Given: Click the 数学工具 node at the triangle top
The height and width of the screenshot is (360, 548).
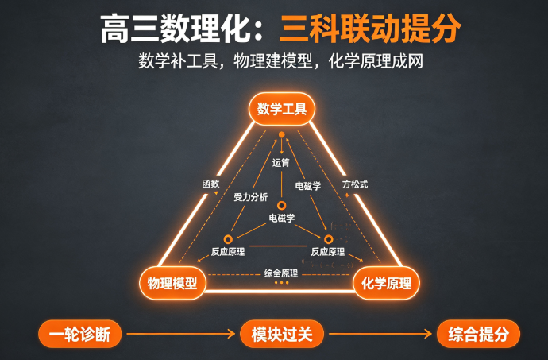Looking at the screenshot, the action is (282, 109).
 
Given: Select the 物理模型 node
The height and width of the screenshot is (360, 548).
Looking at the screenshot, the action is (172, 283).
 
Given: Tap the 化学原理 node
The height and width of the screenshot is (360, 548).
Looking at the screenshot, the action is (386, 283).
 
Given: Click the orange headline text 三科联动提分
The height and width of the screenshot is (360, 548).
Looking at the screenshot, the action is (370, 29).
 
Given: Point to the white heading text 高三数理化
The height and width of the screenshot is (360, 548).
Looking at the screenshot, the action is (175, 29).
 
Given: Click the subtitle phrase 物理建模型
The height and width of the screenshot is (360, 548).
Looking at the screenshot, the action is (272, 61).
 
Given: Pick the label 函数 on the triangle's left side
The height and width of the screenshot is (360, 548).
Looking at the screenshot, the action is (210, 184).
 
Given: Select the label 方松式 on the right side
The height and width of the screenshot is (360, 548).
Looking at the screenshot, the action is (355, 184).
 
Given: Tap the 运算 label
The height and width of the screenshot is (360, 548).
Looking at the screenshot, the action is (281, 163).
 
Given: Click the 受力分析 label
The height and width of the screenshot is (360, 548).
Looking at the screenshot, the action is (251, 197).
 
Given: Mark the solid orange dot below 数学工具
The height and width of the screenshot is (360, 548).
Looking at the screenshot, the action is (282, 134).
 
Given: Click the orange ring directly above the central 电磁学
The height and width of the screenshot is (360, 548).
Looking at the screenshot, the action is (281, 206).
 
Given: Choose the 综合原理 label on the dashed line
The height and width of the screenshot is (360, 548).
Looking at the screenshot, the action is (281, 273).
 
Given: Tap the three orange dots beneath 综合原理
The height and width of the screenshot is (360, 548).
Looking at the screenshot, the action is (281, 282).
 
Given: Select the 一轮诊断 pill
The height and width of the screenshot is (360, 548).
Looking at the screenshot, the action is (80, 334).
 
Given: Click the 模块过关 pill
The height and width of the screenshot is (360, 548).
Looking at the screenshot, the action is (282, 334).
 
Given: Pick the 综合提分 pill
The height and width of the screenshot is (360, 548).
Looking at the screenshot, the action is (478, 334).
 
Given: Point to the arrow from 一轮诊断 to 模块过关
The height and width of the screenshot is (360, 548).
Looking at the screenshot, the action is (181, 334).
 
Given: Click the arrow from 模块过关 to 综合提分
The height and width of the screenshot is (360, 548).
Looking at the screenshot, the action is (380, 334).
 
